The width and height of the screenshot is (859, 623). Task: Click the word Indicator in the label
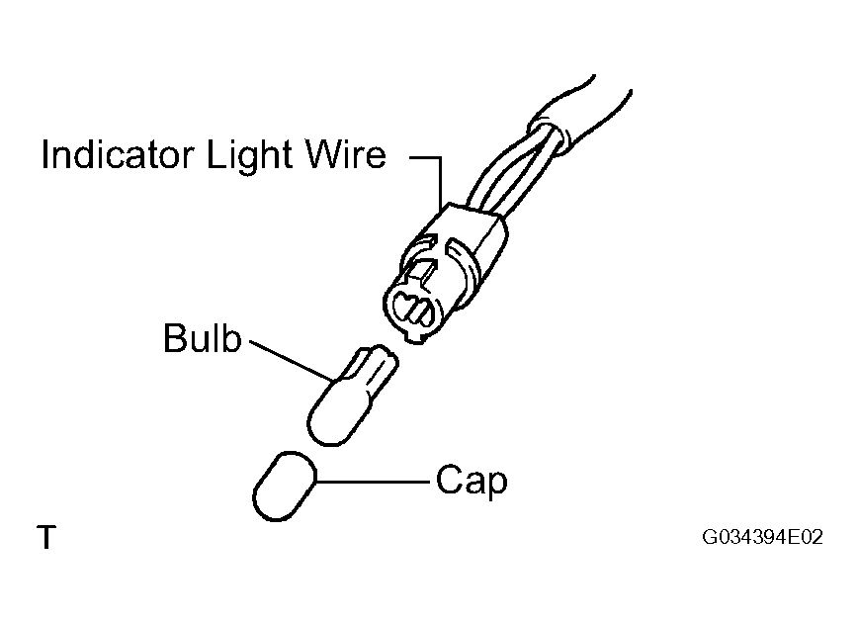(x=118, y=154)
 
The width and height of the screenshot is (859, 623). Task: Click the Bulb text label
(x=203, y=337)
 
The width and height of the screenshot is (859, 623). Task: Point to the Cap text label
(x=472, y=482)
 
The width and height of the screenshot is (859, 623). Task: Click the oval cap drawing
(x=285, y=486)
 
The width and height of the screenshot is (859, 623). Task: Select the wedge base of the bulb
(x=372, y=367)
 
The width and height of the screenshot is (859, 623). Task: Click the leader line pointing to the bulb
(x=291, y=361)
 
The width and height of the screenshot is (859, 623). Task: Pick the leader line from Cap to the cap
(x=373, y=483)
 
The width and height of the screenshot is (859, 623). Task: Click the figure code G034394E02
(x=762, y=537)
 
